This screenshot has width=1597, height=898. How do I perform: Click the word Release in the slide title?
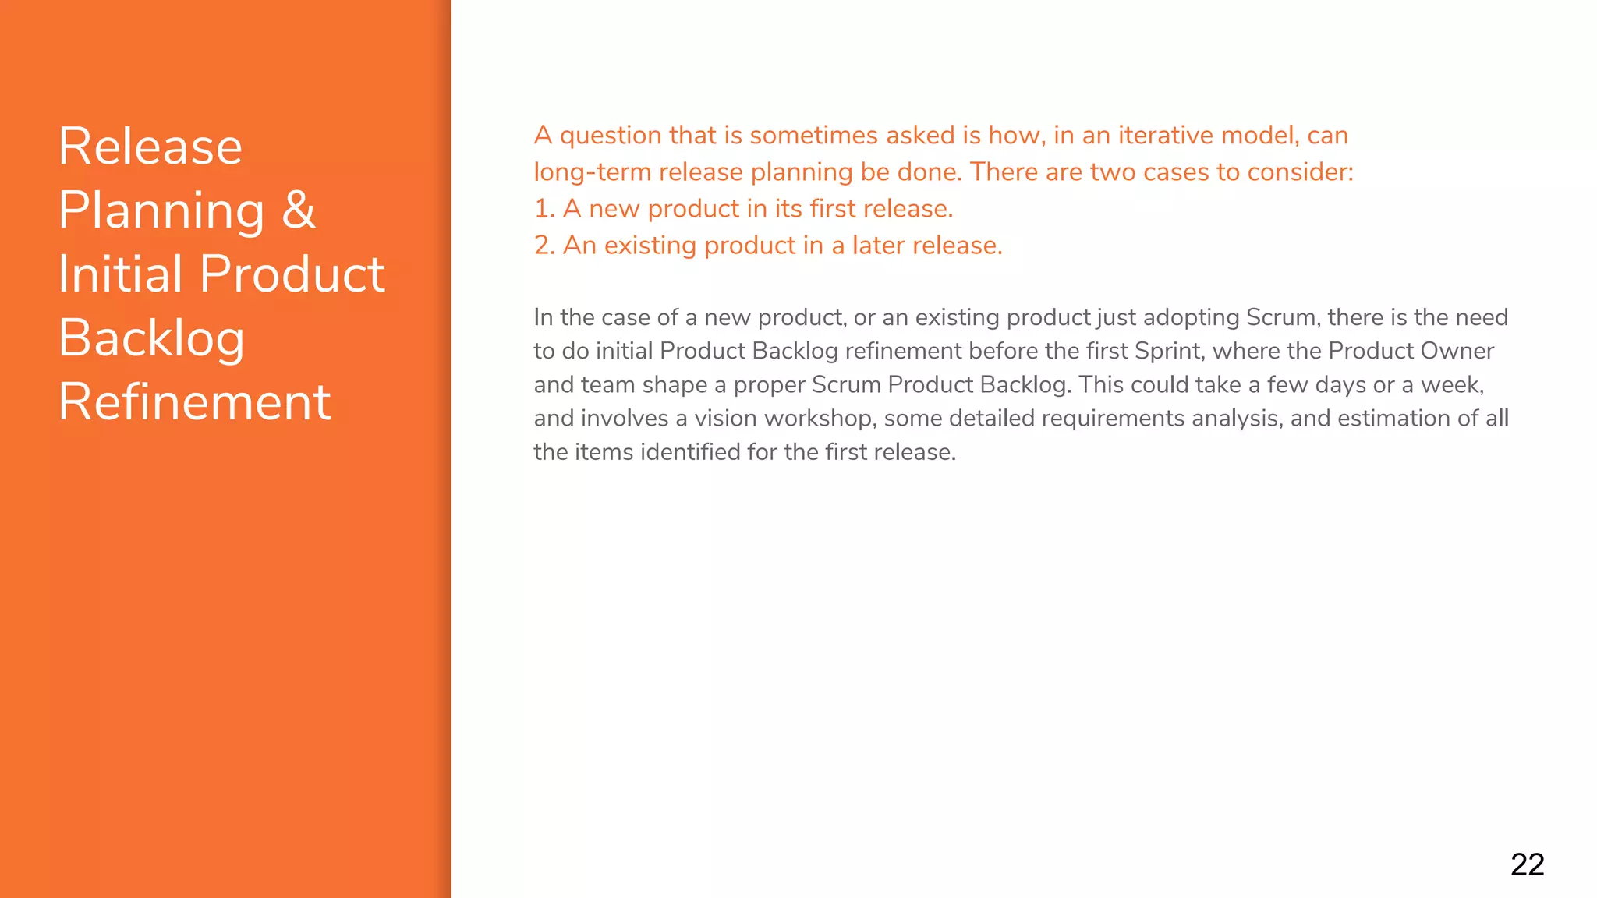click(150, 147)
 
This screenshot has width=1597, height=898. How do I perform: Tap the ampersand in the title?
click(299, 210)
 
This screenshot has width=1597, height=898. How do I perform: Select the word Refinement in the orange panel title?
click(195, 402)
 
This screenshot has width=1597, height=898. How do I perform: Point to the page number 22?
click(1527, 864)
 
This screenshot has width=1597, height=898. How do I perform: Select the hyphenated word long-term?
click(592, 172)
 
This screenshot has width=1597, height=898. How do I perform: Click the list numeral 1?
click(542, 209)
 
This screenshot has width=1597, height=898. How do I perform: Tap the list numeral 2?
click(543, 246)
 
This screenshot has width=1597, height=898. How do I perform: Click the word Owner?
click(1457, 351)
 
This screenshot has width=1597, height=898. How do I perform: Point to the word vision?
click(724, 419)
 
